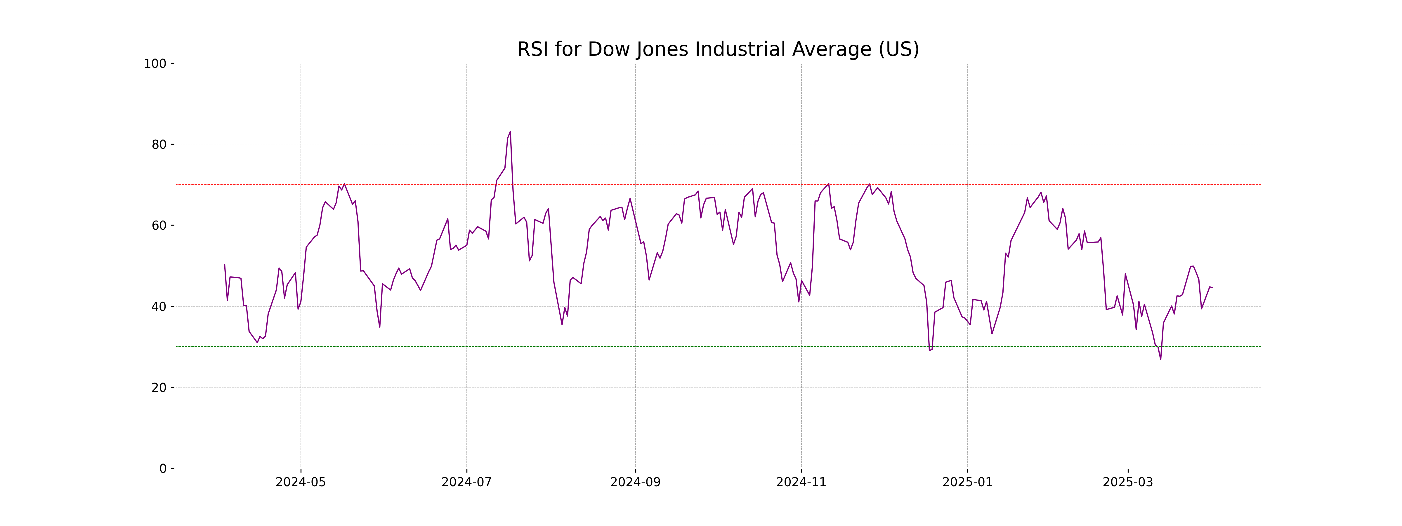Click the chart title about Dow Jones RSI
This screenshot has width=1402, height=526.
coord(718,50)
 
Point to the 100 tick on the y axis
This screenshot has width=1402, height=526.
coord(155,64)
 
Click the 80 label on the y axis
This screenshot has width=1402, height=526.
coord(159,145)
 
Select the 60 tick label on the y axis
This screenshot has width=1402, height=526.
coord(159,225)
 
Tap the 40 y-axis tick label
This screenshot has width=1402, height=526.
coord(159,307)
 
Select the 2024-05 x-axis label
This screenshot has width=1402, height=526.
coord(301,482)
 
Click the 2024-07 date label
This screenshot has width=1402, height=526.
coord(466,482)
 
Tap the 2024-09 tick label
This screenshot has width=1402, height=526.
coord(635,482)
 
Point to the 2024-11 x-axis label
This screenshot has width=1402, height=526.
coord(801,482)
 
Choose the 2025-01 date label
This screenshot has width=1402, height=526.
coord(967,482)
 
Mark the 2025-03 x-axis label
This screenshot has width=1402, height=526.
coord(1128,482)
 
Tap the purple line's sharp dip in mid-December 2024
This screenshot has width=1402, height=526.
coord(930,350)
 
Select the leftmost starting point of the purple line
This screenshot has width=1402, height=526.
coord(225,265)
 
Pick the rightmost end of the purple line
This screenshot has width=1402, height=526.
coord(1212,288)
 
